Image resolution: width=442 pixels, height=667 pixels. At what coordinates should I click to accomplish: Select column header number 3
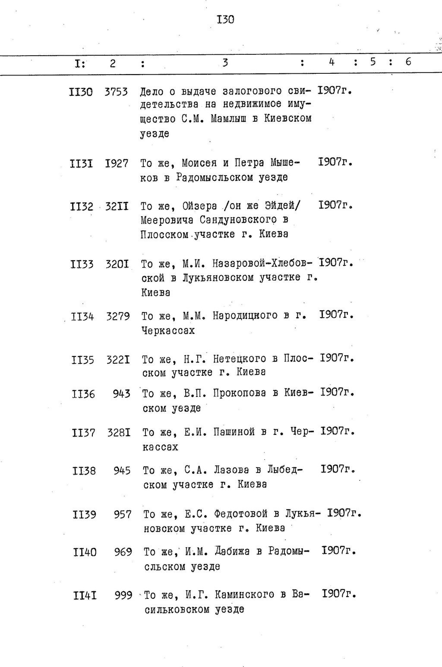click(225, 63)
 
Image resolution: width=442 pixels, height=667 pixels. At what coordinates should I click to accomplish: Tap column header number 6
click(408, 62)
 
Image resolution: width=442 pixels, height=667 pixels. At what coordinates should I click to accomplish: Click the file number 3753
click(116, 92)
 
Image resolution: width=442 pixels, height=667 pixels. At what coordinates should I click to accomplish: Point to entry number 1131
click(81, 164)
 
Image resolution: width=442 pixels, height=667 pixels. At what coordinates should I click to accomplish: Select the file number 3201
click(117, 264)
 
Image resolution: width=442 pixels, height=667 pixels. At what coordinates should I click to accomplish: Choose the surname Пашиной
click(234, 432)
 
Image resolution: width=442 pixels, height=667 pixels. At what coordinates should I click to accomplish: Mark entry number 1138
click(84, 470)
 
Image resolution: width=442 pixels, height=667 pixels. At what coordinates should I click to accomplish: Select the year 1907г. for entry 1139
click(344, 513)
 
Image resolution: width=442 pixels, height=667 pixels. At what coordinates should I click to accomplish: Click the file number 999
click(123, 595)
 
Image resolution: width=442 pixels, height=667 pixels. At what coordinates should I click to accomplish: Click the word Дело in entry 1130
click(152, 91)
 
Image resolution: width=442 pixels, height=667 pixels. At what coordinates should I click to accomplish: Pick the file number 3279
click(118, 316)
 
